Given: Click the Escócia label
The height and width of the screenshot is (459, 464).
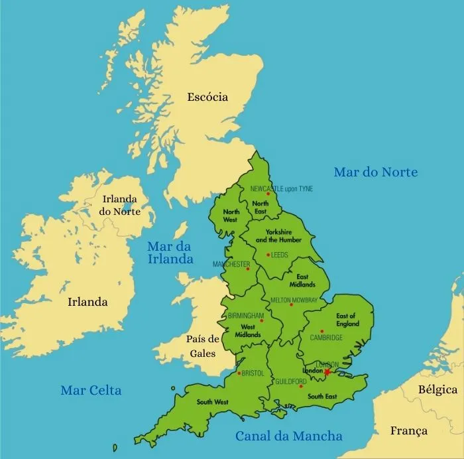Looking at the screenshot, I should pyautogui.click(x=207, y=97).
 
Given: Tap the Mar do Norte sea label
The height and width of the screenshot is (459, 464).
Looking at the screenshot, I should pyautogui.click(x=375, y=172).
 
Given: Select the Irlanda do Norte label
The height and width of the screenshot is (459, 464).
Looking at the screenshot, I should pyautogui.click(x=119, y=205).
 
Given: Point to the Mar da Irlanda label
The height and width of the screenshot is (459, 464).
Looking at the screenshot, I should pyautogui.click(x=170, y=253).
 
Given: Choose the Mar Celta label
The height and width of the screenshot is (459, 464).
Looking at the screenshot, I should pyautogui.click(x=91, y=390).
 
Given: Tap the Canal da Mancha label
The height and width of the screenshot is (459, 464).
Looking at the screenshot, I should pyautogui.click(x=289, y=436).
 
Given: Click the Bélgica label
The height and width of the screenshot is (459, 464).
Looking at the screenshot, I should pyautogui.click(x=437, y=389).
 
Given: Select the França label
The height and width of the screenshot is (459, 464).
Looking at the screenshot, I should pyautogui.click(x=409, y=430).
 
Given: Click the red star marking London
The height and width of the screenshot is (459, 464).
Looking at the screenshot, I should pyautogui.click(x=327, y=372).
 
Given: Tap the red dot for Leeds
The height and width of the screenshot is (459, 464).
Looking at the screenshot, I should pyautogui.click(x=268, y=255).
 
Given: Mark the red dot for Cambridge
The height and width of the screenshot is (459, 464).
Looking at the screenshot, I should pyautogui.click(x=321, y=331).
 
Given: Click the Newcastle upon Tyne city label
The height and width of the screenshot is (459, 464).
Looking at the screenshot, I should pyautogui.click(x=281, y=188).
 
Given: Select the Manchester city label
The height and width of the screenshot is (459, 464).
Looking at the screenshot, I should pyautogui.click(x=231, y=264).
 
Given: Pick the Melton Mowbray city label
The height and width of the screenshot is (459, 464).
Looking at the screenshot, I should pyautogui.click(x=294, y=300).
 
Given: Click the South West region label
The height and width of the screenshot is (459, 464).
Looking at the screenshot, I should pyautogui.click(x=212, y=402).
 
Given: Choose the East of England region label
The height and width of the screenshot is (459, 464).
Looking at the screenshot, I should pyautogui.click(x=346, y=320).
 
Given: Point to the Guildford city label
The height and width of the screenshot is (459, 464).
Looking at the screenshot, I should pyautogui.click(x=291, y=381).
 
